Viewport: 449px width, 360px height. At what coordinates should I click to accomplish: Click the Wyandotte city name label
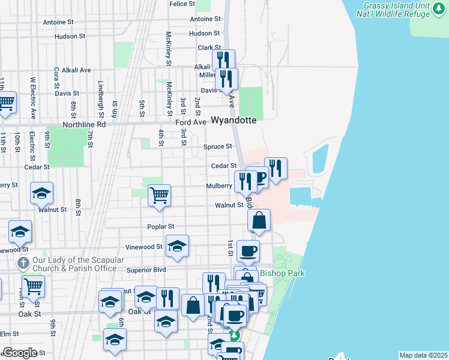tap(234, 120)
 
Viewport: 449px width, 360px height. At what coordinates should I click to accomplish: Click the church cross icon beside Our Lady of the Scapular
tap(23, 263)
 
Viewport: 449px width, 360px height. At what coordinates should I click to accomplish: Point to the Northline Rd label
tap(84, 124)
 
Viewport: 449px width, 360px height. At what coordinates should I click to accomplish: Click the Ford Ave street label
tap(191, 122)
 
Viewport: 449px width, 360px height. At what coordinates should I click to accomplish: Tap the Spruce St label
tap(217, 146)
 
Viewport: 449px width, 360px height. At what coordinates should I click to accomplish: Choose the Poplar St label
tap(161, 227)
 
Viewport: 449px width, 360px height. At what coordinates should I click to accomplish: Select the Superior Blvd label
tap(146, 270)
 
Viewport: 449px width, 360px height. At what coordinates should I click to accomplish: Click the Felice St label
tap(182, 4)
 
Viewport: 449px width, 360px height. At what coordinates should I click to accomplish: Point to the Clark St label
tap(209, 48)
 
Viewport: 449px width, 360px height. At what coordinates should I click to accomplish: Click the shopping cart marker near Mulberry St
tap(159, 194)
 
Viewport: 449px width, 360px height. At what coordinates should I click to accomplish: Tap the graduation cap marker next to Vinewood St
tap(177, 246)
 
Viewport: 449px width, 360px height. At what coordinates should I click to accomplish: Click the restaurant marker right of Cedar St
tap(276, 169)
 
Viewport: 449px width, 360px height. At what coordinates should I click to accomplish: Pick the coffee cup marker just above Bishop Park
tap(247, 251)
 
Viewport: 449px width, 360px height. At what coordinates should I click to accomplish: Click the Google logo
tap(20, 353)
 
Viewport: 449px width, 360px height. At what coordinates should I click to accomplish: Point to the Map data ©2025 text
tap(423, 355)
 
